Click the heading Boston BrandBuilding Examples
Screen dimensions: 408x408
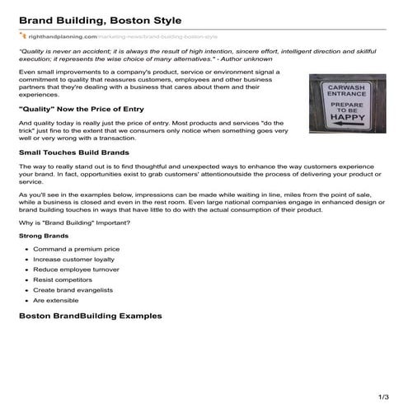[x=90, y=317]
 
